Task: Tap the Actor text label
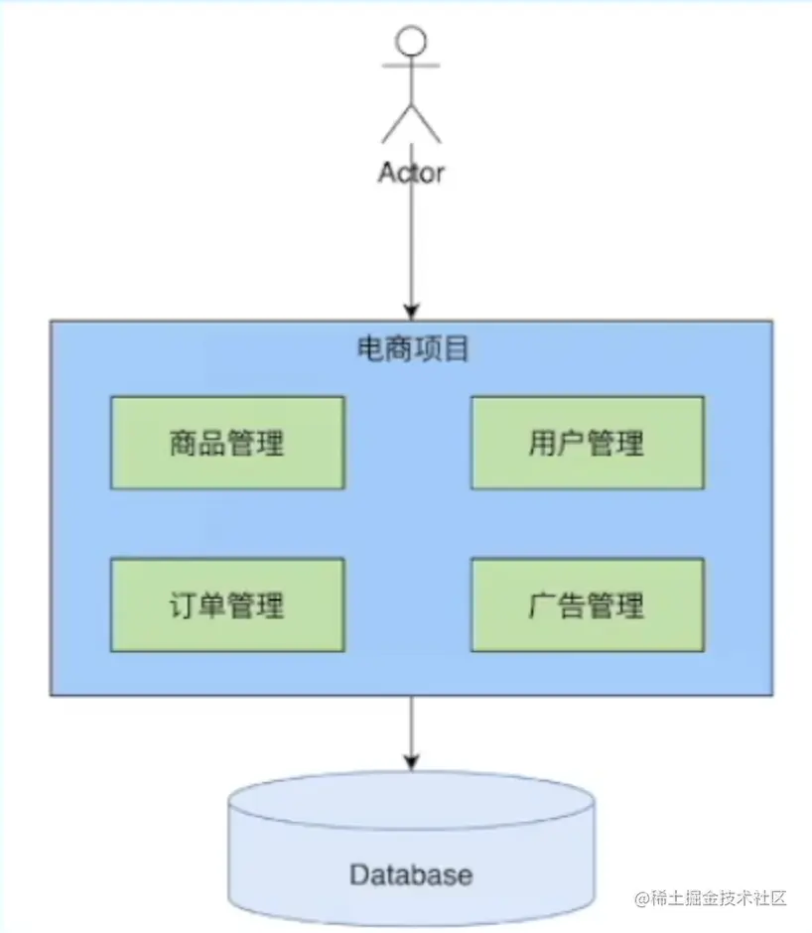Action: (411, 172)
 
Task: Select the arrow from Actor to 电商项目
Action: (411, 248)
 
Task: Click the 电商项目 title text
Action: (411, 349)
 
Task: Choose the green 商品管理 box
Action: (227, 443)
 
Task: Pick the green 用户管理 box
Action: (587, 443)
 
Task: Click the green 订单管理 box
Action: (227, 604)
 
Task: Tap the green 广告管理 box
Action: (587, 604)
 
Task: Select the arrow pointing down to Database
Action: (411, 730)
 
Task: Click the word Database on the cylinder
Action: (411, 875)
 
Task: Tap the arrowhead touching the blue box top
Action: (411, 312)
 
